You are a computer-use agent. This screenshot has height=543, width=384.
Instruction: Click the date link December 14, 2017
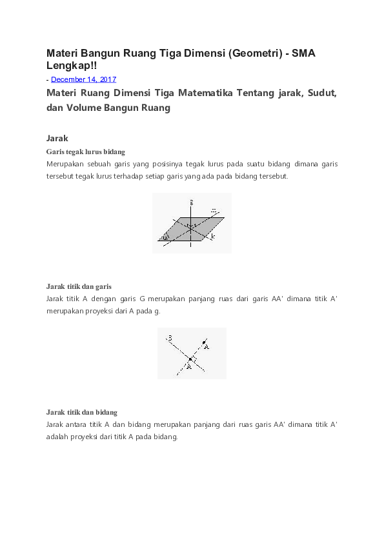[x=83, y=79]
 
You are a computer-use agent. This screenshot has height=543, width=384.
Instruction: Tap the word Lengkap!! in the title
[x=72, y=66]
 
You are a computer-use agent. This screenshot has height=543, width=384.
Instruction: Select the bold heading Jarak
[x=57, y=138]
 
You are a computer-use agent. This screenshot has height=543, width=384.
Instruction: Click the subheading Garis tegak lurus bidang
[x=85, y=152]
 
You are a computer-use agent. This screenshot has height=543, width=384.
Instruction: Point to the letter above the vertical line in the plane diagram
[x=192, y=202]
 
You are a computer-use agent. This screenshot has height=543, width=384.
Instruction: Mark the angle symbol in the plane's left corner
[x=166, y=237]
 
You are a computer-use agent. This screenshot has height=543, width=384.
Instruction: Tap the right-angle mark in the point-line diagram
[x=194, y=357]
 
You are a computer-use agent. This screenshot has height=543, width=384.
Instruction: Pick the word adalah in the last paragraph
[x=58, y=437]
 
